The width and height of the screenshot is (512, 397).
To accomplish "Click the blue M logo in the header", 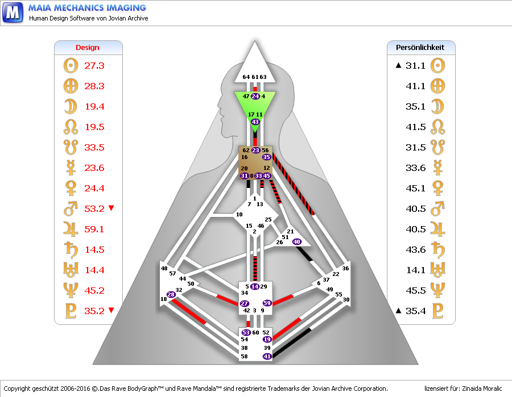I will click(13, 12).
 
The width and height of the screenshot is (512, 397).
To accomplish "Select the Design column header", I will click(88, 48).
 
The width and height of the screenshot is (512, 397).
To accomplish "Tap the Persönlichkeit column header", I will click(420, 48).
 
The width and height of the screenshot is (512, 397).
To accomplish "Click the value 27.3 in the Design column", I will click(94, 65).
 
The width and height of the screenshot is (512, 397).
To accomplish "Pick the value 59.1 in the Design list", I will click(94, 229).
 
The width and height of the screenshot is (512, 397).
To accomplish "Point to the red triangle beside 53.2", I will click(111, 208).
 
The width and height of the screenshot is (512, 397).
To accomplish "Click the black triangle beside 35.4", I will click(399, 310).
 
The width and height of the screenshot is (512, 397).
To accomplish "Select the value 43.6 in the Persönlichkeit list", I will click(415, 249).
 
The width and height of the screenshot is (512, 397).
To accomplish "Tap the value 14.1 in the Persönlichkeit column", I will click(415, 270).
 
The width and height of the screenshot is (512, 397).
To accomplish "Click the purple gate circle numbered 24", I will click(255, 97).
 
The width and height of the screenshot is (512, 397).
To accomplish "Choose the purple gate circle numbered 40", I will click(296, 242).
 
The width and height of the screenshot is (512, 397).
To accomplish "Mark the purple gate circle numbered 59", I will click(267, 303).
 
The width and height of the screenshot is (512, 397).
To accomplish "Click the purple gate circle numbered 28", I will click(171, 294).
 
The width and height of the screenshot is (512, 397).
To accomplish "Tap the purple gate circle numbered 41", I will click(267, 356).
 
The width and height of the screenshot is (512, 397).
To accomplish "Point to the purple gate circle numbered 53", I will click(246, 332).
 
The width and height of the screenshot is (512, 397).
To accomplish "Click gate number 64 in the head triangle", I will click(246, 77).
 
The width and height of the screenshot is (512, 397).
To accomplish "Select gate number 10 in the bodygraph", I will click(240, 215).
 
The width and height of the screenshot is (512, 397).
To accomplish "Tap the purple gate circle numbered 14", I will click(254, 286).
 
